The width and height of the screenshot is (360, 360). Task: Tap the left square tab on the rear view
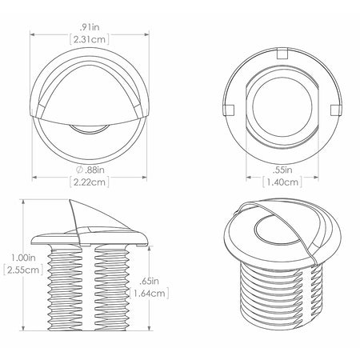point(229,110)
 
